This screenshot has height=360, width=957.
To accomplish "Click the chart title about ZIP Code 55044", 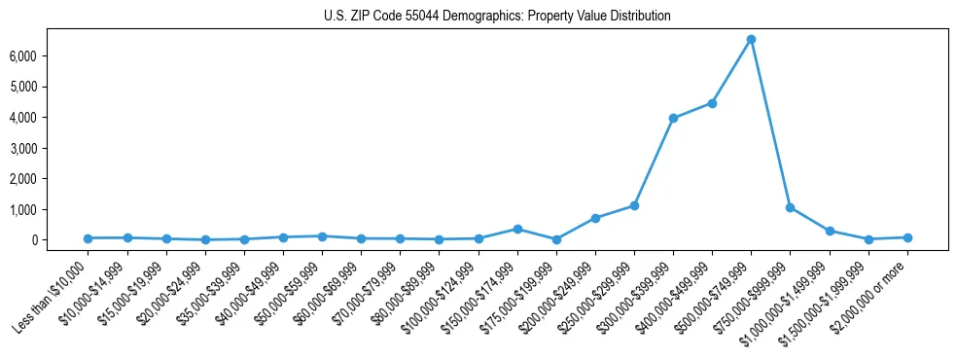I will click(x=497, y=17).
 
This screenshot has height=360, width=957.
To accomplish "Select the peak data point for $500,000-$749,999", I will click(x=751, y=39).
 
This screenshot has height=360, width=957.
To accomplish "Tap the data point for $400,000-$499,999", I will click(x=712, y=103).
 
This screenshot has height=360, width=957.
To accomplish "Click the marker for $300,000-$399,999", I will click(x=673, y=118).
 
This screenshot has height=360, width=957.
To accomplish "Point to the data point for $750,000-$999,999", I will click(x=790, y=207).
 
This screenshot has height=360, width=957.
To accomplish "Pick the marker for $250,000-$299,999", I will click(x=634, y=205).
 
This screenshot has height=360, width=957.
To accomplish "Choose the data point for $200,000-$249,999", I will click(x=595, y=218).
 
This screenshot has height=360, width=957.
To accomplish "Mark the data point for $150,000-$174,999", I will click(x=517, y=229).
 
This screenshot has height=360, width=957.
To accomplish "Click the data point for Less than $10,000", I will click(x=89, y=238).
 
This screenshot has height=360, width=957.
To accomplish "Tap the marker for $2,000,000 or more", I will click(x=907, y=237).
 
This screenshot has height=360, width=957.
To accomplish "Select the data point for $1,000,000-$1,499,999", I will click(x=830, y=231).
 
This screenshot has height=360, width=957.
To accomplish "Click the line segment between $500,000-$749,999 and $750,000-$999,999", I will click(x=770, y=124).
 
